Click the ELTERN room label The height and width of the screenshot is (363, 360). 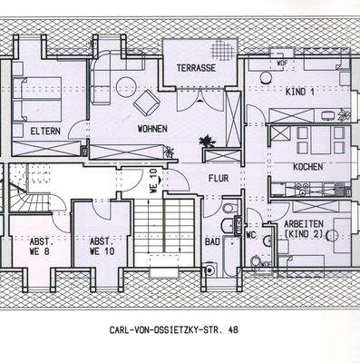point(45,132)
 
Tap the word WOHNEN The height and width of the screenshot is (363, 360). point(152,129)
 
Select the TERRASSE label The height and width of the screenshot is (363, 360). point(196,68)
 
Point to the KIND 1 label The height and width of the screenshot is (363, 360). point(299,92)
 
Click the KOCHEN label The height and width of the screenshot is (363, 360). point(308,167)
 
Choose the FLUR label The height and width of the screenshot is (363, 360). point(218,179)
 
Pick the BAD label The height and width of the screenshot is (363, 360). point(212,242)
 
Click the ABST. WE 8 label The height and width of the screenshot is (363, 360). point(41,247)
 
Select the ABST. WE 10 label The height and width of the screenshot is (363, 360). point(100,247)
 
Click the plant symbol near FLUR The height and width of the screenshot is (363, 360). point(208,141)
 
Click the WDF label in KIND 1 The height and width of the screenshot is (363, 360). point(282,63)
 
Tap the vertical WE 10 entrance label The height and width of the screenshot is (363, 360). point(153,181)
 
